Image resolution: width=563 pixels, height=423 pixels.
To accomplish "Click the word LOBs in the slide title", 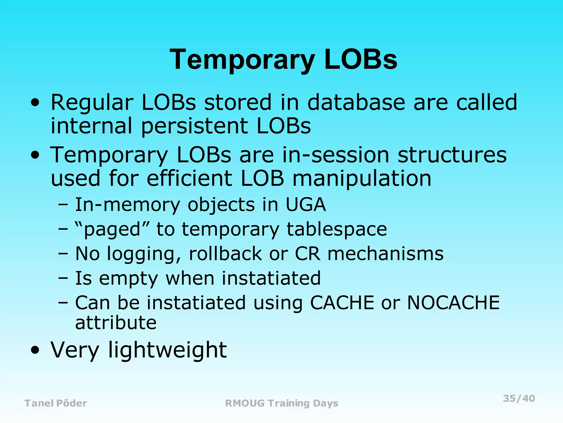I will pyautogui.click(x=360, y=59).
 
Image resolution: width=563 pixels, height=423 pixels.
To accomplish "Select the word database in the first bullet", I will pyautogui.click(x=356, y=102).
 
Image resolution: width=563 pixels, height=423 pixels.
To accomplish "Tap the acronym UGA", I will pyautogui.click(x=306, y=205).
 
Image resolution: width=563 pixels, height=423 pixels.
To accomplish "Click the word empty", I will pyautogui.click(x=128, y=278).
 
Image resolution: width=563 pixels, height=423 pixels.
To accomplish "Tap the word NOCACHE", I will pyautogui.click(x=453, y=303).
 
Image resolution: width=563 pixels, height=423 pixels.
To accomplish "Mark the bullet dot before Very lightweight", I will pyautogui.click(x=35, y=351).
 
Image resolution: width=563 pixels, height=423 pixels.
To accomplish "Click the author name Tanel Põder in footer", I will pyautogui.click(x=56, y=403).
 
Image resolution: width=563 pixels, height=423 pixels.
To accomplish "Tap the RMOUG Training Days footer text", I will pyautogui.click(x=281, y=403).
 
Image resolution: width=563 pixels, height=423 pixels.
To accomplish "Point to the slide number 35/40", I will pyautogui.click(x=519, y=398).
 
